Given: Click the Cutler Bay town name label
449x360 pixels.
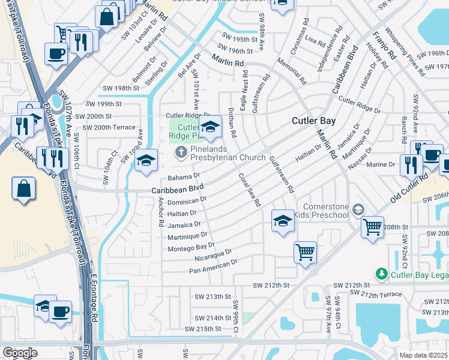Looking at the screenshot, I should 313,121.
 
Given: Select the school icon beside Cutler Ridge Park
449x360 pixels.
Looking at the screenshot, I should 210,127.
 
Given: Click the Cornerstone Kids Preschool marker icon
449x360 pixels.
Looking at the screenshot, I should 358,209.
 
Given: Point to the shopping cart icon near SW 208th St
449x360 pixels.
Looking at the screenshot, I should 373,227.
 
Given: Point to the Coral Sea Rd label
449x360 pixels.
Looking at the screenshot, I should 250,190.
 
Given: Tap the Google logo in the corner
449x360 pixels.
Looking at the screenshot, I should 20,353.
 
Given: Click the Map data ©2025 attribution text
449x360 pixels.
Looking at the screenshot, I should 423,355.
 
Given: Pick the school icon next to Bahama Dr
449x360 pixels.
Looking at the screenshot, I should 145,160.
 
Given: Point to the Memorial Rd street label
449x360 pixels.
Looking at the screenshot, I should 292,71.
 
